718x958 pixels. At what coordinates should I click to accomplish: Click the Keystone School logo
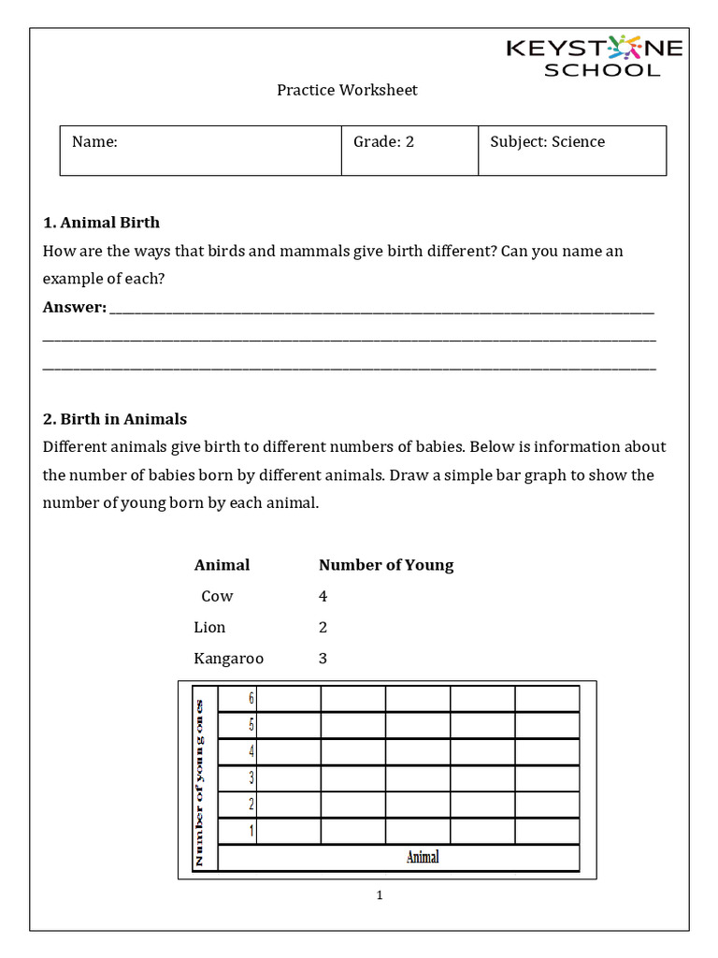595,56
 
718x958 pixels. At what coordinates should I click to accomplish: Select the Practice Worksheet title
347,90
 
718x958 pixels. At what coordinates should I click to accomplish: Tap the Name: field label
94,142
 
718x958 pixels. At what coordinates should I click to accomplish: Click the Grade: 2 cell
383,142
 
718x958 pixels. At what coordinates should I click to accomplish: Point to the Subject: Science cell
547,142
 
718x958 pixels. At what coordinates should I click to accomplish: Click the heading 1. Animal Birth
101,223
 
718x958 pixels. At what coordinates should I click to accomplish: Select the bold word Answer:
75,308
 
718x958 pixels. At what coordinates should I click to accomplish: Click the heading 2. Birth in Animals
114,419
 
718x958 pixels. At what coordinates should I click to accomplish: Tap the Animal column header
222,565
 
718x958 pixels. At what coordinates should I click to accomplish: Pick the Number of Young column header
385,565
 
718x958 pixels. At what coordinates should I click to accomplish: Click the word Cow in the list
217,596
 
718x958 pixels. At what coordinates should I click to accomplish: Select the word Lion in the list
209,627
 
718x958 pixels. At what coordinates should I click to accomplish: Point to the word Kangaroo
228,659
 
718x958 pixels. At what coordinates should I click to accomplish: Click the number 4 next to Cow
323,596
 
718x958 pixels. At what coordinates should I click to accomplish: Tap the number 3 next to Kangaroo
323,659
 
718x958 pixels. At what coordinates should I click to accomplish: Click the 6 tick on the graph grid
251,698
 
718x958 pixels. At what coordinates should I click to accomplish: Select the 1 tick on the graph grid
251,830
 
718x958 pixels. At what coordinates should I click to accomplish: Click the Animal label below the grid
423,857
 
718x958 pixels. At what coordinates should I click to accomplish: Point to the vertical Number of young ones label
199,781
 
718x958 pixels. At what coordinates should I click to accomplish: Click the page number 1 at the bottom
380,895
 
